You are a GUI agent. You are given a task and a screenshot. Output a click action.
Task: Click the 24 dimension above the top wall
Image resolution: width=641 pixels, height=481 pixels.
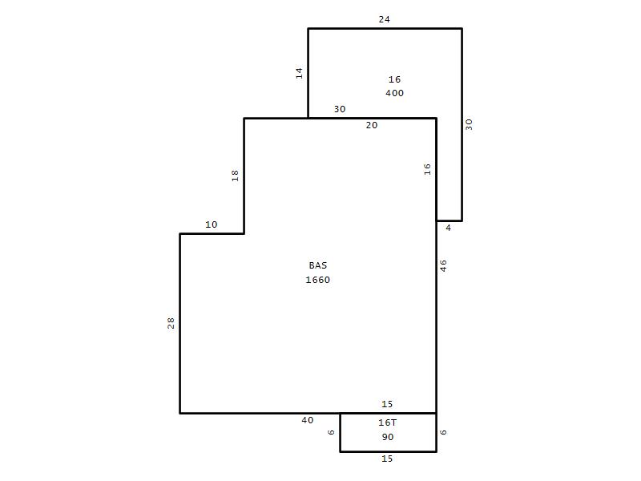pos(385,19)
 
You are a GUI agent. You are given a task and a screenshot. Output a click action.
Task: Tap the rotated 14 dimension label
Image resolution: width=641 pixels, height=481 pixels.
pos(299,73)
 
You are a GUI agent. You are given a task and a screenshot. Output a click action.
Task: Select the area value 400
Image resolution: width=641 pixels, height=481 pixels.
pos(394,93)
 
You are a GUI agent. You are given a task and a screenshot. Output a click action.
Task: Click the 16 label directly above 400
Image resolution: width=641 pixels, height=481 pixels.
pos(394,79)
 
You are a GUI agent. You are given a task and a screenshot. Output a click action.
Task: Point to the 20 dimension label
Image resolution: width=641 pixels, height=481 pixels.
pos(372,125)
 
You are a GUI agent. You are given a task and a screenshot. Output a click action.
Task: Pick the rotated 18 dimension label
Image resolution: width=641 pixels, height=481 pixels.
pos(235,176)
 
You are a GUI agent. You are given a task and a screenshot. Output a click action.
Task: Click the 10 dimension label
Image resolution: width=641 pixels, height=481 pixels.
pos(212,224)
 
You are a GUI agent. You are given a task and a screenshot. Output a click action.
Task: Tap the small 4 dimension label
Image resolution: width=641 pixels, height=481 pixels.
pos(449,228)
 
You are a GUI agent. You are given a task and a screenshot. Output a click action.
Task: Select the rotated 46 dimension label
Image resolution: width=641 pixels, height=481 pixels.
pos(444,266)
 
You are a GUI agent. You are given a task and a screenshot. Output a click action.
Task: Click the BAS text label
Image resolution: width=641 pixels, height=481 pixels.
pos(318,265)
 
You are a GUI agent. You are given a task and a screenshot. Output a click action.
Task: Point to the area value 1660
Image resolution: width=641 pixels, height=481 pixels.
pos(317,280)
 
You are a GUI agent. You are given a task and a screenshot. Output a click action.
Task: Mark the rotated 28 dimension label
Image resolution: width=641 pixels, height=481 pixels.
pos(171,323)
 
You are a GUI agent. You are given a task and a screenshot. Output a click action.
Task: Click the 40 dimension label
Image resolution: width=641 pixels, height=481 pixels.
pos(308,420)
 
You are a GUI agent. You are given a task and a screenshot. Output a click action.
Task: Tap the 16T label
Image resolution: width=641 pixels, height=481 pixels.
pos(387,422)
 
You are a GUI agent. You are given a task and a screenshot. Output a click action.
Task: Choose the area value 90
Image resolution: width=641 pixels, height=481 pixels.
pos(388,437)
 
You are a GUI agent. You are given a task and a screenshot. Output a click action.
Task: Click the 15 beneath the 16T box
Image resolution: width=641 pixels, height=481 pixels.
pos(387,459)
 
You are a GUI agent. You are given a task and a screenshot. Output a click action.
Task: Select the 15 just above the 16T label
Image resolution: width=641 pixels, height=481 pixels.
pos(387,404)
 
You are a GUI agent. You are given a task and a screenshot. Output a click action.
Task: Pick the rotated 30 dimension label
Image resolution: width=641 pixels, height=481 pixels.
pos(469,124)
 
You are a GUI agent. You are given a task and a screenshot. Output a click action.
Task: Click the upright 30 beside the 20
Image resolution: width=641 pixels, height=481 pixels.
pos(340,109)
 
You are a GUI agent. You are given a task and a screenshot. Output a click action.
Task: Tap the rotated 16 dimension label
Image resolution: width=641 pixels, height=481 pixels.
pos(427,169)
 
